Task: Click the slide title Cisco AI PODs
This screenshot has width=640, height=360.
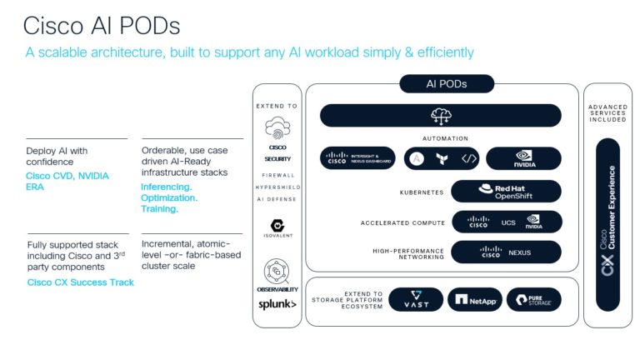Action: (102, 25)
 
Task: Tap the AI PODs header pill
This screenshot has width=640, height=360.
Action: (447, 84)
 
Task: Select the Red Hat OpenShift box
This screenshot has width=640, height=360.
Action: (506, 191)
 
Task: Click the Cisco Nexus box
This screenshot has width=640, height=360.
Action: (506, 252)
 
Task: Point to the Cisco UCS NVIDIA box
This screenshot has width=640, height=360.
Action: (506, 222)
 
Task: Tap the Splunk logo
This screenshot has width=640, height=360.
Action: (277, 304)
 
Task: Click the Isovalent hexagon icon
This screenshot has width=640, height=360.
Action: (277, 226)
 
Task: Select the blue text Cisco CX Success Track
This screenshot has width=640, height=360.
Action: (80, 282)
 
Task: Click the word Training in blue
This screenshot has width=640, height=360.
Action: (160, 210)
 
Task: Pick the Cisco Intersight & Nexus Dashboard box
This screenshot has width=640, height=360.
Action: (357, 158)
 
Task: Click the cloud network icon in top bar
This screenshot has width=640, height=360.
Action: (440, 115)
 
